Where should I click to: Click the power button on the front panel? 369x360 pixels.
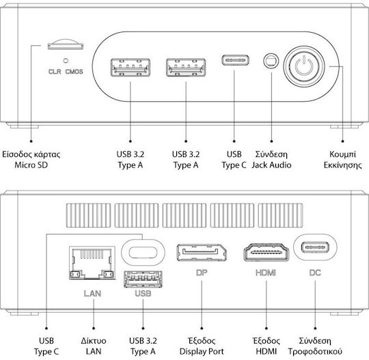point(304,66)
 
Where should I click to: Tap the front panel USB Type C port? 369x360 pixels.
point(235,60)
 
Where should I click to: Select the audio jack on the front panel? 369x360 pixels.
point(271,61)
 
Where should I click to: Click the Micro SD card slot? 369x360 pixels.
point(66,44)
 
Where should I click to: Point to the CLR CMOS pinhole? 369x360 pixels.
point(66,61)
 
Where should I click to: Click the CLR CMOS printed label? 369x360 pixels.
point(66,72)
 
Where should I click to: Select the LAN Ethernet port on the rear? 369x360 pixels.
point(92,263)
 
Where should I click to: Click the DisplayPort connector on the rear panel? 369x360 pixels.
point(202,253)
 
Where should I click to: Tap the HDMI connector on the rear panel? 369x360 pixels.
point(266,253)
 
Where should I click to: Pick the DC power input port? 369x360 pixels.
point(315,247)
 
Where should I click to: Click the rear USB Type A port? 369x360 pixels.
point(143,279)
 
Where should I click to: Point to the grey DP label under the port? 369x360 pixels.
point(202,273)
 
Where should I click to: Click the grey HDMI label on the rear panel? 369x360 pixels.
point(266,273)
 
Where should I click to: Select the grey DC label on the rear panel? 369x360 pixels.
point(315,273)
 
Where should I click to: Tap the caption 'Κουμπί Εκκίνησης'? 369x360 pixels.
point(342,160)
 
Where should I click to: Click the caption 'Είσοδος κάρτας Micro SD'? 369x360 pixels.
point(31,160)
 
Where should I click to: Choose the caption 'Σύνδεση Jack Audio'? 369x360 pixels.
point(271,160)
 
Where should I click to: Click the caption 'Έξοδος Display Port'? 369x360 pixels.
point(202,346)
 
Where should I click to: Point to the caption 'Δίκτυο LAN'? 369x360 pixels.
point(94,346)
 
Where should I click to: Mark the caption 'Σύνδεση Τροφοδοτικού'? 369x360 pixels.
point(315,346)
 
